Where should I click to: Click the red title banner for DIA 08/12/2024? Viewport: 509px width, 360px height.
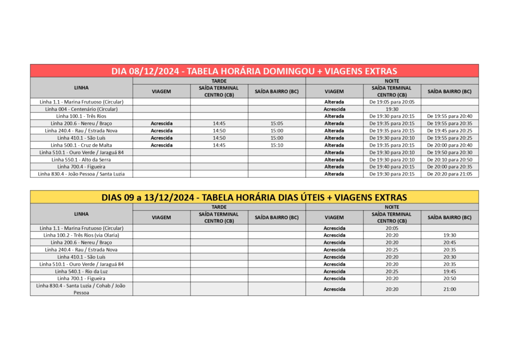[254, 71]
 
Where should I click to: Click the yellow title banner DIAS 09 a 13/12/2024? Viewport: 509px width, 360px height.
[254, 197]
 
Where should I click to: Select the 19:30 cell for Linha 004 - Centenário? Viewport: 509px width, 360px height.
[392, 109]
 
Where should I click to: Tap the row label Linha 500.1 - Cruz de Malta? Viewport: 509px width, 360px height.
[81, 145]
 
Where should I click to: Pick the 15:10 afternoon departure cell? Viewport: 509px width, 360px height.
[277, 145]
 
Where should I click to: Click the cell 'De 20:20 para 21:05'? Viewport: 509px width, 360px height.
[449, 174]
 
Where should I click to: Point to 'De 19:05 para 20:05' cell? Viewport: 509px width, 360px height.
[392, 101]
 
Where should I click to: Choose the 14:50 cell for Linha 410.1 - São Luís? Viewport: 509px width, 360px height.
[219, 138]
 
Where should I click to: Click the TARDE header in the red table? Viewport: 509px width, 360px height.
[219, 81]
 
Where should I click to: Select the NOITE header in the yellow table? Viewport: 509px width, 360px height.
[392, 207]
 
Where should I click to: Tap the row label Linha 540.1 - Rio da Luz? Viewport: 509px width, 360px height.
[81, 271]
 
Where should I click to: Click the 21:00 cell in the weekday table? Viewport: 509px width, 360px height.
[449, 289]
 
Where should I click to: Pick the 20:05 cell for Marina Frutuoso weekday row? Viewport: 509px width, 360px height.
[392, 228]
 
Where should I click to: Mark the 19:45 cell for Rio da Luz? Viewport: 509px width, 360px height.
[449, 271]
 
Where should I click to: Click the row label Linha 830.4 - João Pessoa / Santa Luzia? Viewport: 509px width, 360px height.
[81, 174]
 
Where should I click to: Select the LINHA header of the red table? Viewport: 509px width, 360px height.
[81, 88]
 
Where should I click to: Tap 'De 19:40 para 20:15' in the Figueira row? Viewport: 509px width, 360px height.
[392, 167]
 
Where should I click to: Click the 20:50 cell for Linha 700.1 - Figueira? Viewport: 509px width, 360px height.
[449, 279]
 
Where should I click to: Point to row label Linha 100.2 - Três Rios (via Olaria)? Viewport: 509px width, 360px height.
[81, 235]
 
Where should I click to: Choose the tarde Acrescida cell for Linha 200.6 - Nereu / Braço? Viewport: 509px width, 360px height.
[162, 123]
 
